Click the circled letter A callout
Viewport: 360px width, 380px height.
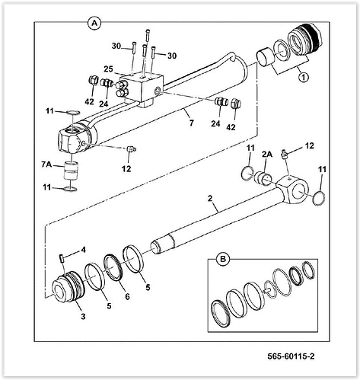tap(95, 24)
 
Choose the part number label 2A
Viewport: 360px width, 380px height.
tap(267, 153)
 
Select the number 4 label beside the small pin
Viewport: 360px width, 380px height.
tap(84, 249)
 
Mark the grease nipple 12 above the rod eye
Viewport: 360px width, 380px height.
tap(284, 155)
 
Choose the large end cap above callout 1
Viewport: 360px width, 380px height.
tap(304, 41)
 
